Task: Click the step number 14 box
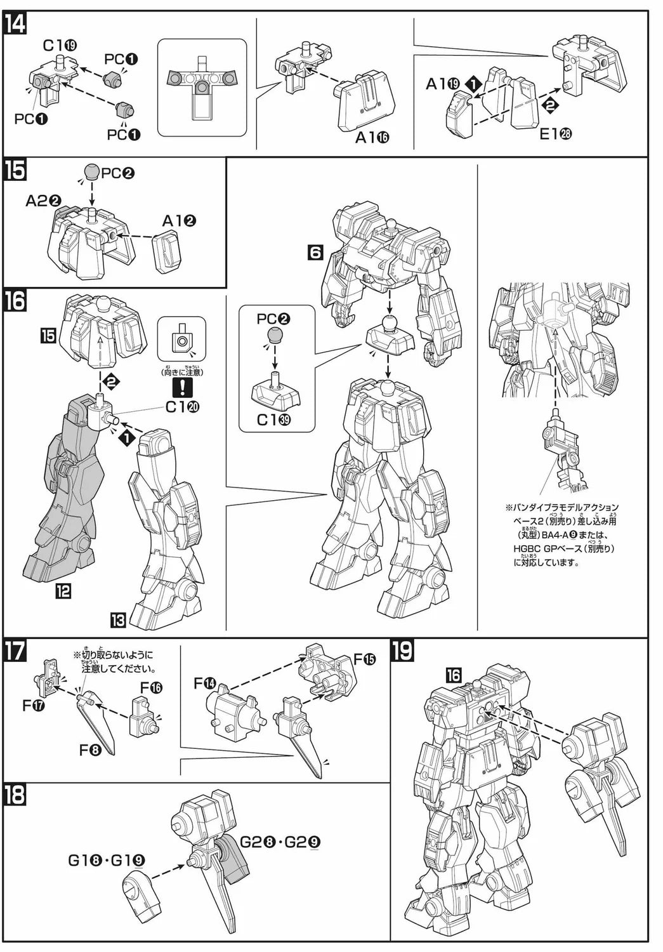click(15, 24)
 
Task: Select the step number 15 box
click(15, 171)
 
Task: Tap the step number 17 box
click(15, 652)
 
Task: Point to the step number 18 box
click(15, 796)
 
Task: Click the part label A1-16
click(372, 137)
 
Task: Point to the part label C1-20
click(182, 407)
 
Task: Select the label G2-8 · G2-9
click(280, 842)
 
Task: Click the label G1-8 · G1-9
click(107, 861)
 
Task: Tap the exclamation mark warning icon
click(182, 386)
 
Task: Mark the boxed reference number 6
click(315, 253)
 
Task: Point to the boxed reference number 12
click(63, 592)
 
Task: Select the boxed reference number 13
click(118, 619)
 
